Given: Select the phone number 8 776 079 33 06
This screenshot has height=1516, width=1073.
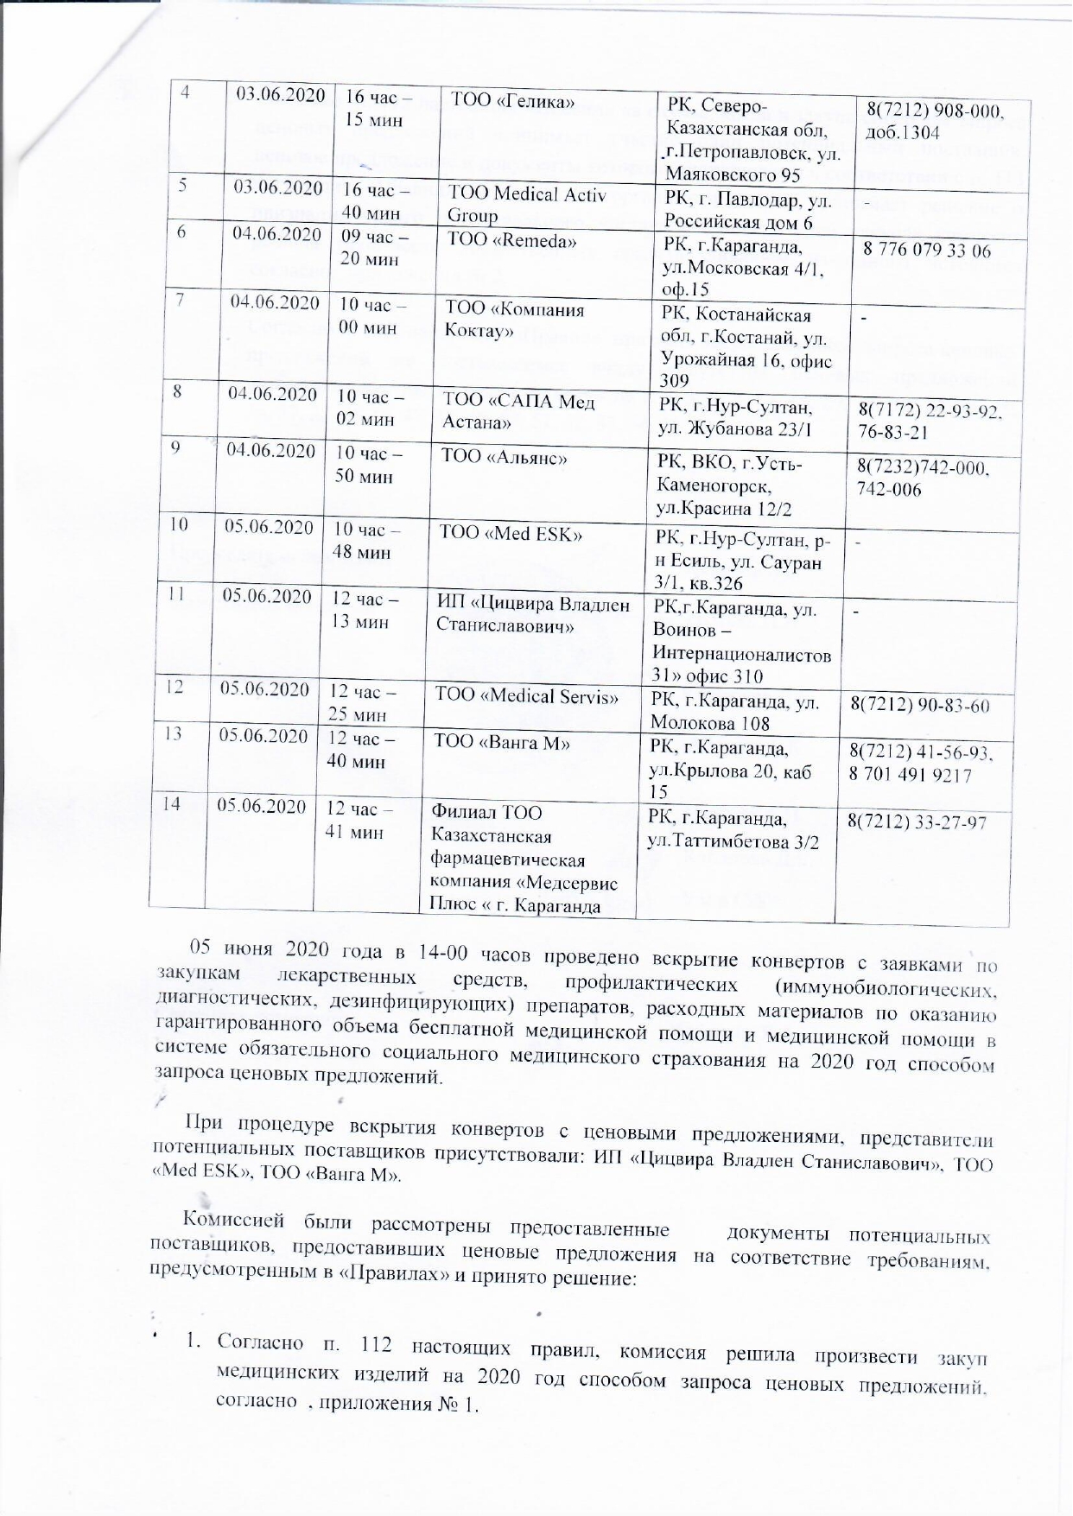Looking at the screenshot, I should pos(925,251).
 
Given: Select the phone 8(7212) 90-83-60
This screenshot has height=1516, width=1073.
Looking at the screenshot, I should pos(919,706).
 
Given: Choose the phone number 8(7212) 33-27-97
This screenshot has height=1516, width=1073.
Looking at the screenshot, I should pos(917,823).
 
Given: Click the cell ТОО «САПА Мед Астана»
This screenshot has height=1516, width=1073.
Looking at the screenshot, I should pos(518,411).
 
